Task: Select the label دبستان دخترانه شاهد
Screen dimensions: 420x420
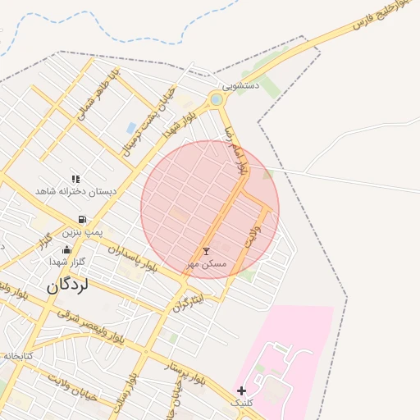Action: (x=75, y=191)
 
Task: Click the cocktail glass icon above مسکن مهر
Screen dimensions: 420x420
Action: (x=206, y=251)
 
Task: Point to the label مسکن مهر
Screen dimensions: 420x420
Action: (x=205, y=263)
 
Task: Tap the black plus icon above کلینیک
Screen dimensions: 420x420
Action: (x=240, y=390)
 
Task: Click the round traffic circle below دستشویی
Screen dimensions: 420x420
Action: (x=216, y=100)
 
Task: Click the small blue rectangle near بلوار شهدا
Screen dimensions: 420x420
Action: (x=131, y=128)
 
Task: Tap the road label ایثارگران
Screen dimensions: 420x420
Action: (x=188, y=300)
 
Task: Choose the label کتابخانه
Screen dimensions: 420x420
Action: (x=16, y=356)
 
